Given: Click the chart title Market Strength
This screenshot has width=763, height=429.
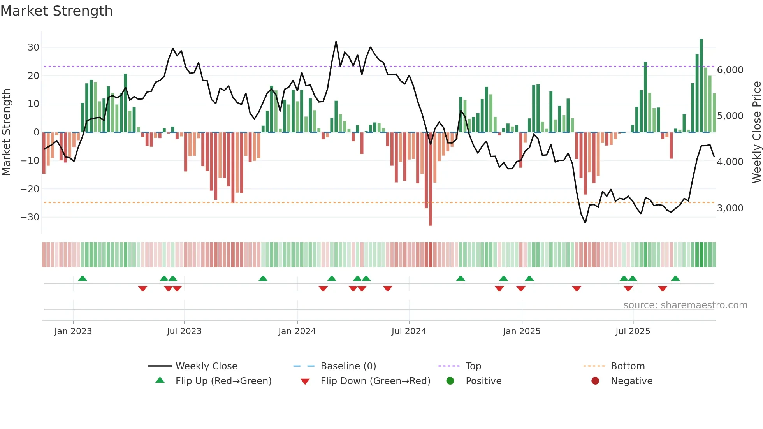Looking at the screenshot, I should coord(56,11).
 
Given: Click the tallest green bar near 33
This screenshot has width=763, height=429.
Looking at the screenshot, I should coord(701,86).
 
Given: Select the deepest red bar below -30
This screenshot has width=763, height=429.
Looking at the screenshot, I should coord(430,179).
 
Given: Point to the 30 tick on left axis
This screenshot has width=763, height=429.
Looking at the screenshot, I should coord(33,47).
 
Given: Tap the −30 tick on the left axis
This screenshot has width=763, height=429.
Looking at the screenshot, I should coord(30,217).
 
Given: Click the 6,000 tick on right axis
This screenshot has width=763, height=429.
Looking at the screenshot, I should coord(730,70).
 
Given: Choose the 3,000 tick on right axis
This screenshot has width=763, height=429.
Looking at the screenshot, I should coord(730,208).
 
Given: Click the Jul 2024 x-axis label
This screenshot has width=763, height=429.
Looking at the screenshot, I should coord(409,331).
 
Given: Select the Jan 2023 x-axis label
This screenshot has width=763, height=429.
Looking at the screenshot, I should coord(73,331).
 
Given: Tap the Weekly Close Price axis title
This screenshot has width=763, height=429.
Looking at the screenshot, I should coord(756,132).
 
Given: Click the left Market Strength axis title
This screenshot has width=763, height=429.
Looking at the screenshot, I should coord(6,132).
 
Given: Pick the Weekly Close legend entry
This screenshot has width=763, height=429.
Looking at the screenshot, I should coord(206,366).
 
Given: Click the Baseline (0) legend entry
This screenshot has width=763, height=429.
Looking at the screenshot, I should coord(348,366).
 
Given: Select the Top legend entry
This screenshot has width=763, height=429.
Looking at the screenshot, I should coord(473,366).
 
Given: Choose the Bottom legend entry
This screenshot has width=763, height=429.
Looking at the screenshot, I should coord(628,366).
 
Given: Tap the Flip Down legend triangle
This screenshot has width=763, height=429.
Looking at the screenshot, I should coord(305,382).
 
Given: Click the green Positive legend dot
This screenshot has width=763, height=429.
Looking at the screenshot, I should coord(450,381).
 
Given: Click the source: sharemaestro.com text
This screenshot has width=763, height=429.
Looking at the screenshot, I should coord(685,305).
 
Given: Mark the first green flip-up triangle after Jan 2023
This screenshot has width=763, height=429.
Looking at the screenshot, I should coord(83,279).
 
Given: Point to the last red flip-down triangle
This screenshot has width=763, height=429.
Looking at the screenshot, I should coord(663,288).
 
